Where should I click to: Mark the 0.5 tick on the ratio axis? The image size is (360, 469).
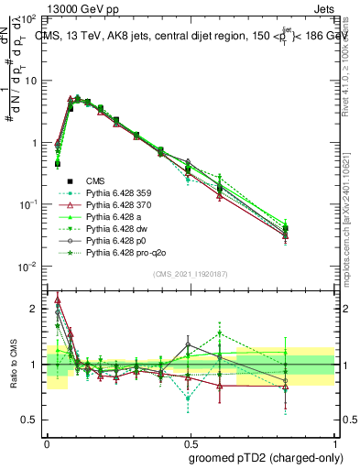pyautogui.click(x=30, y=420)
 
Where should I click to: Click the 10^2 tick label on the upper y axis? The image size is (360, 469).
pyautogui.click(x=27, y=19)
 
